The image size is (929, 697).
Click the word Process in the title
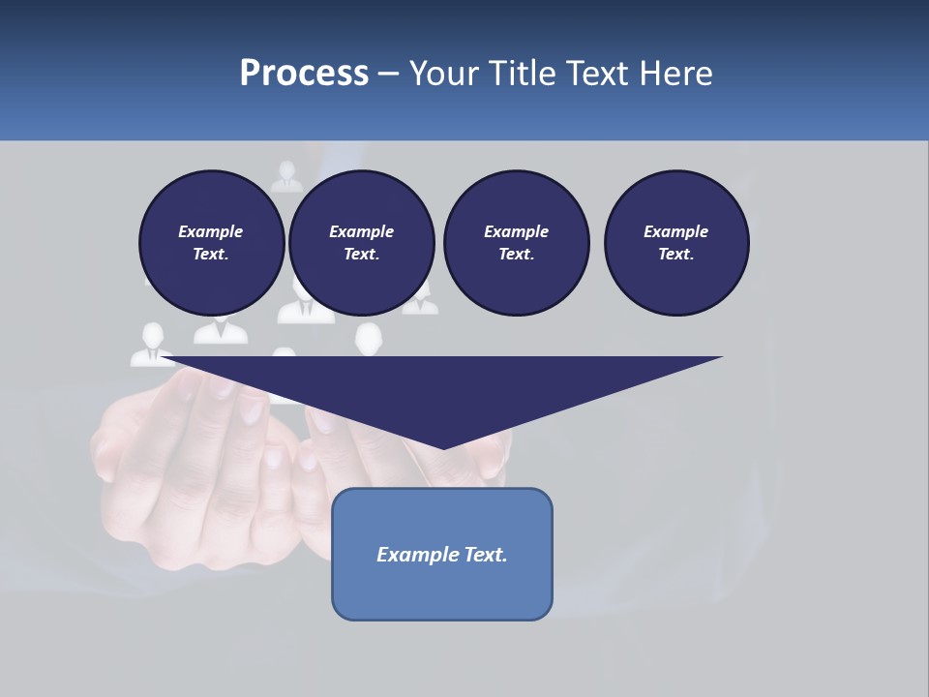coord(304,74)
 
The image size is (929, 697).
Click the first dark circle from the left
coord(211,243)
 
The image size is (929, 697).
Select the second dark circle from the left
coord(361,243)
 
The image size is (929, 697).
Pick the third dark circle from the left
coord(516,243)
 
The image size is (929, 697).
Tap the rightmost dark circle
coord(676,243)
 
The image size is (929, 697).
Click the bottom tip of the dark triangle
coord(443,447)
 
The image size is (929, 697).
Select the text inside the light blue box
coord(442,555)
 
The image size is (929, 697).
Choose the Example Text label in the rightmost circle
coord(676,243)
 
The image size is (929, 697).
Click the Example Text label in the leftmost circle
coord(211,243)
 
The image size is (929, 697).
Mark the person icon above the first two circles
coord(286,177)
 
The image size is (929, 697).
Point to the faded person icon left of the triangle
coord(152,345)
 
